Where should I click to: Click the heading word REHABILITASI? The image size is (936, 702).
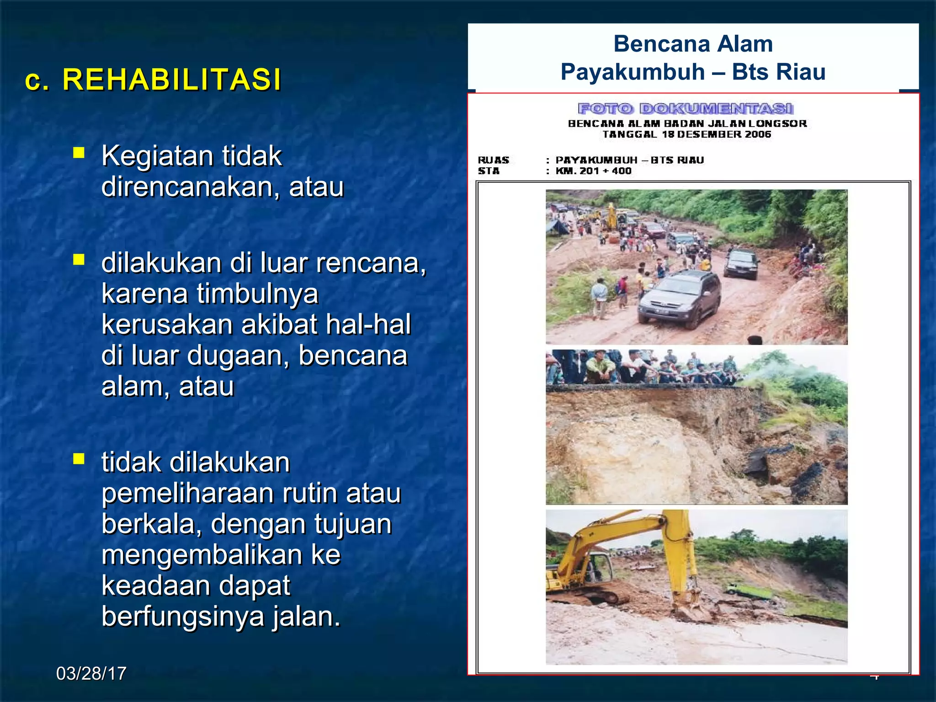(171, 80)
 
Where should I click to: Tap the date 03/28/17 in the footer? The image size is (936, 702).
(91, 673)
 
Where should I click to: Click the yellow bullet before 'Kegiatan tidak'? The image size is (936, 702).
(79, 152)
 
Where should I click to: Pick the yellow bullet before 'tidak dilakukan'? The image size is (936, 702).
(79, 458)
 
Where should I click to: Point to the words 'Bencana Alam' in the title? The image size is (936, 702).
(693, 44)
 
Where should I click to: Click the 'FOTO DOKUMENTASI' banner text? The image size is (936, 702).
(686, 109)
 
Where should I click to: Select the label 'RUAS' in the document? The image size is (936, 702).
(493, 160)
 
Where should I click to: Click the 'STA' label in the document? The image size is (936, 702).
(489, 171)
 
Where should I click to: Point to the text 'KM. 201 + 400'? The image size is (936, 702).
(593, 171)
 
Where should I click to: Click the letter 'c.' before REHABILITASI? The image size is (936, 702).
(37, 80)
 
